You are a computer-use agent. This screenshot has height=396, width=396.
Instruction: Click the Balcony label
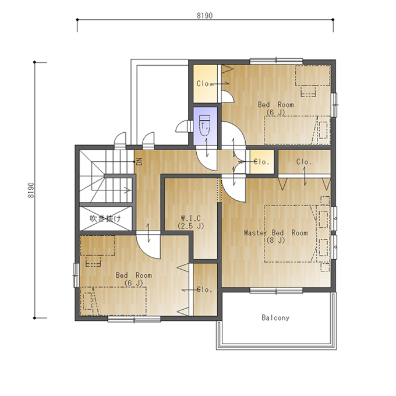click(275, 317)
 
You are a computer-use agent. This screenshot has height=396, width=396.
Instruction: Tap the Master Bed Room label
click(276, 232)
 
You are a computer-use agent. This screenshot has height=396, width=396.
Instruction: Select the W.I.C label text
click(191, 218)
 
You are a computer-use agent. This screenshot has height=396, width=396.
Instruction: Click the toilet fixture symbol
click(204, 125)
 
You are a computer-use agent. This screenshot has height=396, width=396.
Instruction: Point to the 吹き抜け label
click(105, 218)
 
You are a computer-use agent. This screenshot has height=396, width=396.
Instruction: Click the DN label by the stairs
click(139, 161)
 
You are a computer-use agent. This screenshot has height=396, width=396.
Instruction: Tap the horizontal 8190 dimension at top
click(205, 16)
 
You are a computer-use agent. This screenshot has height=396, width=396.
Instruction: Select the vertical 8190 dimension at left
click(31, 190)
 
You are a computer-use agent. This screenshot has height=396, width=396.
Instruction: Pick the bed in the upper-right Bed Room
click(297, 130)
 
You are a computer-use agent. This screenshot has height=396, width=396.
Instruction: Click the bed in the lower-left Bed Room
click(113, 301)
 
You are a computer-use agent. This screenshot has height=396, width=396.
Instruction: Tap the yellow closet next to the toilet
click(206, 84)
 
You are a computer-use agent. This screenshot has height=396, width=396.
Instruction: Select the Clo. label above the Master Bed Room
click(304, 162)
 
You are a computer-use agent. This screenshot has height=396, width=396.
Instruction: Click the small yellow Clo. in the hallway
click(262, 162)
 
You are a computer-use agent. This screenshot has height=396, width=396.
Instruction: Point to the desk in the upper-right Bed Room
click(312, 76)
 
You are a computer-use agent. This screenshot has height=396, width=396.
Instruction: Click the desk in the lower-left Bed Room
click(97, 246)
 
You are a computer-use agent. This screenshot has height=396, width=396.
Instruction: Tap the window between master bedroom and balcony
click(276, 291)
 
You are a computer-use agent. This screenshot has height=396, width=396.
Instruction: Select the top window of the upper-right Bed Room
click(276, 61)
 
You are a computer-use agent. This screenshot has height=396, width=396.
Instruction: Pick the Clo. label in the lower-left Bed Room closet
click(204, 289)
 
